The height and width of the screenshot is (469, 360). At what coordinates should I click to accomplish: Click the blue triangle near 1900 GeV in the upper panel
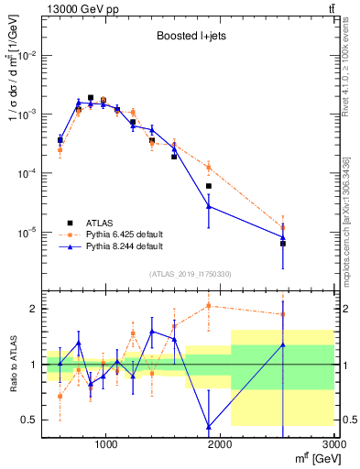209,206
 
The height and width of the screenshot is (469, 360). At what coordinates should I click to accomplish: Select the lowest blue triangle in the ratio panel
209,426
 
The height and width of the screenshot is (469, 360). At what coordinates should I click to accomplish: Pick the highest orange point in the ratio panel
209,306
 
